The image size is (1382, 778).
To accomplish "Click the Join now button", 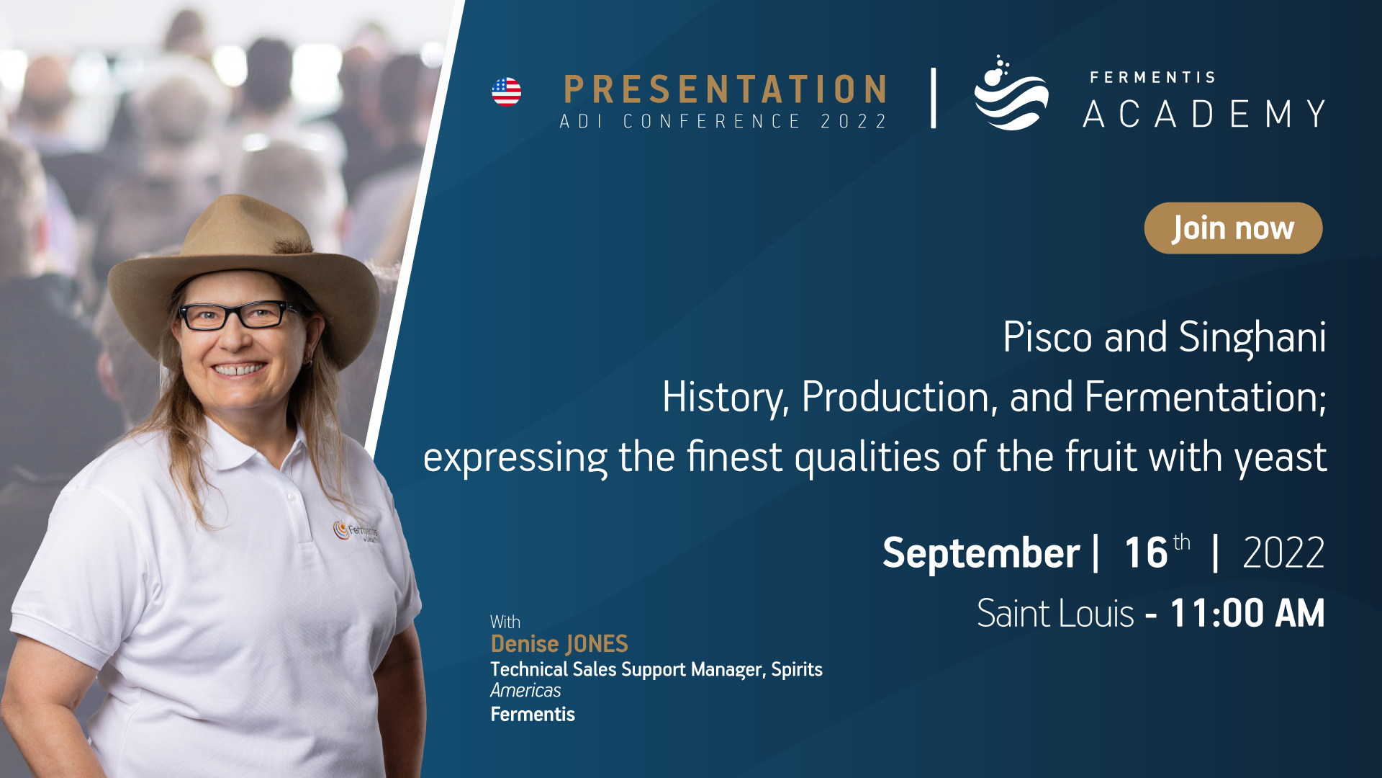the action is pyautogui.click(x=1233, y=228).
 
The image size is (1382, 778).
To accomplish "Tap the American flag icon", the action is pyautogui.click(x=506, y=92).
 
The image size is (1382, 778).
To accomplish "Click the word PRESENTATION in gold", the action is pyautogui.click(x=725, y=90).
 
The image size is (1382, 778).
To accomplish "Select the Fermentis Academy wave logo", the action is pyautogui.click(x=1011, y=93).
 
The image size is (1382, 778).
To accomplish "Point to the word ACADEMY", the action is pyautogui.click(x=1204, y=114).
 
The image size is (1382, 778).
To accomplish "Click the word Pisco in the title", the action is pyautogui.click(x=1047, y=337).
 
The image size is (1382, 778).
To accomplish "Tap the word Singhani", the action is pyautogui.click(x=1252, y=338).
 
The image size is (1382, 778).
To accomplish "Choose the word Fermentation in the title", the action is pyautogui.click(x=1206, y=397).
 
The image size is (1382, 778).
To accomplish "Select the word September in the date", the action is pyautogui.click(x=981, y=553).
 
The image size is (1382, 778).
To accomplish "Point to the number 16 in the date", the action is pyautogui.click(x=1146, y=553).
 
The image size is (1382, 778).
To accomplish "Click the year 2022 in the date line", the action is pyautogui.click(x=1283, y=553).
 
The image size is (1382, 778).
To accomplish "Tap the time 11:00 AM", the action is pyautogui.click(x=1247, y=614).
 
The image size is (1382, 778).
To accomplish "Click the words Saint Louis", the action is pyautogui.click(x=1055, y=614).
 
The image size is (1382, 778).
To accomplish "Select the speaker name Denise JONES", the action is pyautogui.click(x=559, y=644).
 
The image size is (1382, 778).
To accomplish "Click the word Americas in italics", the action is pyautogui.click(x=525, y=691).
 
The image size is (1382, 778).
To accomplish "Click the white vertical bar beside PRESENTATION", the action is pyautogui.click(x=934, y=98).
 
